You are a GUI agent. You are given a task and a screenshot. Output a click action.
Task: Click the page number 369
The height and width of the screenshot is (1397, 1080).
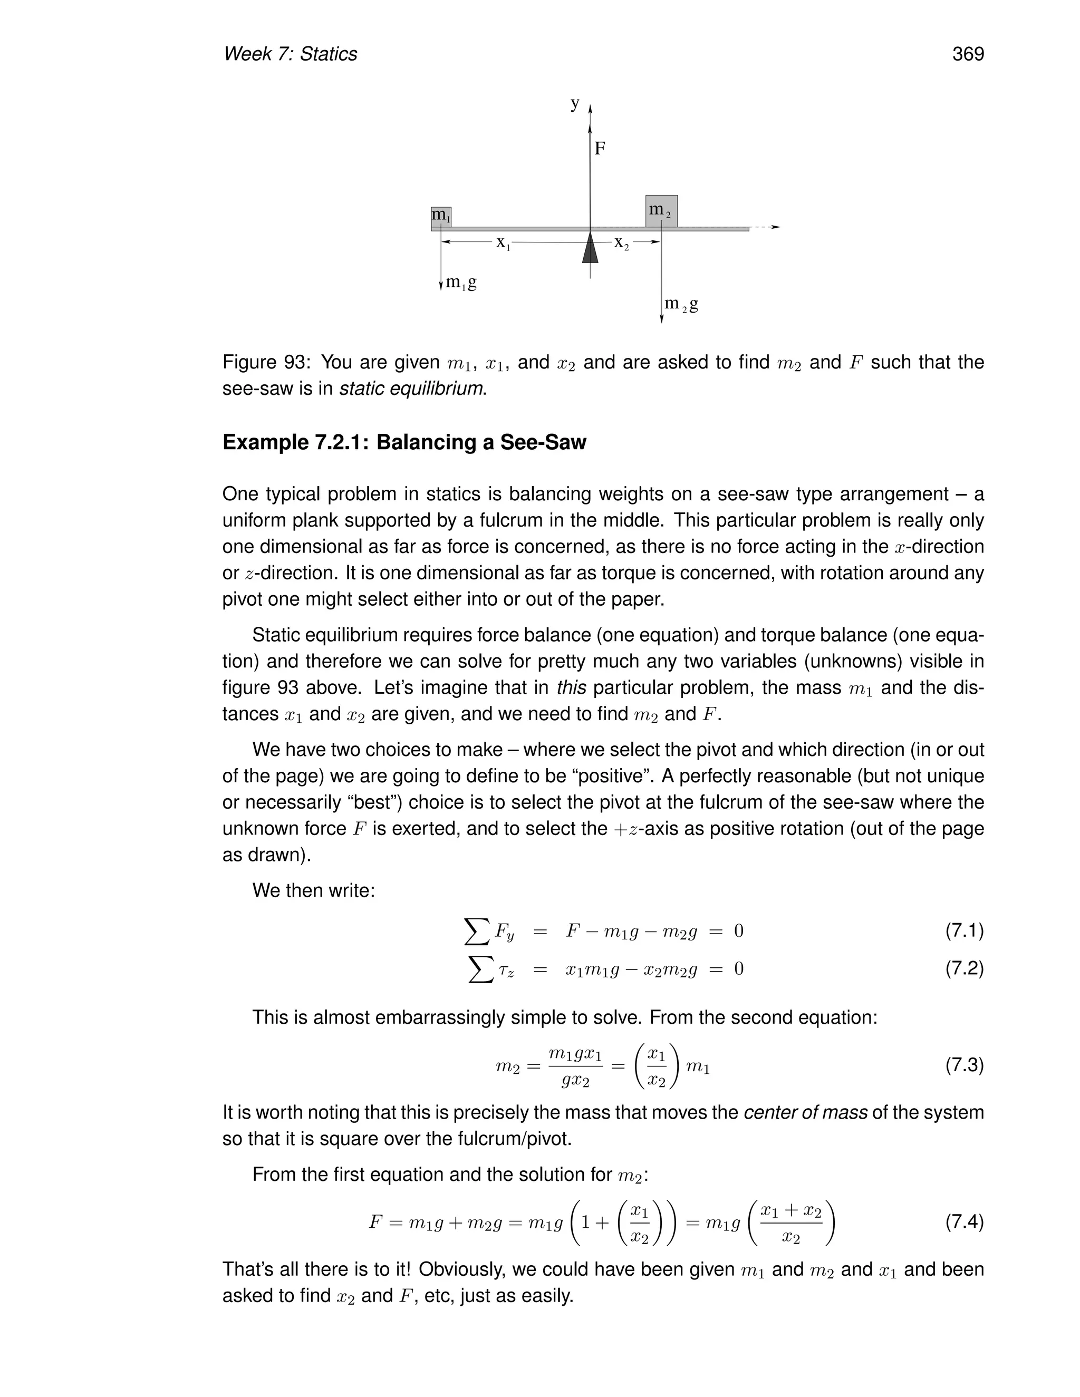(967, 54)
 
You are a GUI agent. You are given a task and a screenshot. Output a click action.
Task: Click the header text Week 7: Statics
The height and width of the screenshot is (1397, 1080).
(290, 54)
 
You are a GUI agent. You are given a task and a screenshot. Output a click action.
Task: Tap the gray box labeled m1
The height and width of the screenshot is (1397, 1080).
(441, 216)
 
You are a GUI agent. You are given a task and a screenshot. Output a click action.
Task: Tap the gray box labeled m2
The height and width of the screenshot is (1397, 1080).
(661, 211)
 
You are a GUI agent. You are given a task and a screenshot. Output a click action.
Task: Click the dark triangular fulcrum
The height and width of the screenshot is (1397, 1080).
(590, 249)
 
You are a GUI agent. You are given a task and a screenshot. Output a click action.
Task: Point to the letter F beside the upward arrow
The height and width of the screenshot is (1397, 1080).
(600, 149)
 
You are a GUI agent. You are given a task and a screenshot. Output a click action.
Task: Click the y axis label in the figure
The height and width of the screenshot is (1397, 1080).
(575, 104)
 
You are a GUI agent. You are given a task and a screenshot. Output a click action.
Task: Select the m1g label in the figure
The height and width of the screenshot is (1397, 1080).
(461, 282)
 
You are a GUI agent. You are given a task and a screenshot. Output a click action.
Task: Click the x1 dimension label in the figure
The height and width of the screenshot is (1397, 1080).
(503, 243)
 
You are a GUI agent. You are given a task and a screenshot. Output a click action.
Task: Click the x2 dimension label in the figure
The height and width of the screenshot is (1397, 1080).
(621, 243)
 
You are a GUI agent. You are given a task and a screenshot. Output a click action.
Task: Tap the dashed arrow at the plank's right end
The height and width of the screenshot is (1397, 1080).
(765, 227)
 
